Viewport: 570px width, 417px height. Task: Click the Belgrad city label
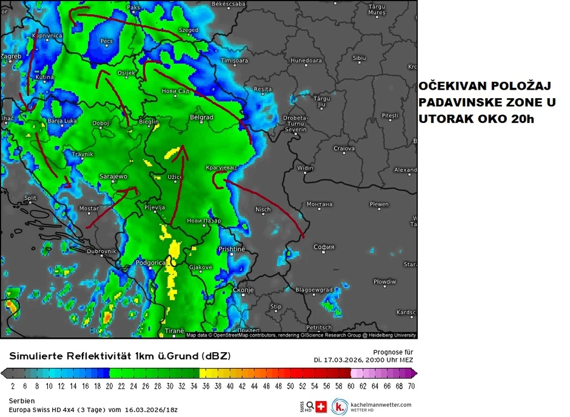201,117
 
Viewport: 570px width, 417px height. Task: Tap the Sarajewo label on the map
113,176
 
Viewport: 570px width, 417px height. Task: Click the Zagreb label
11,56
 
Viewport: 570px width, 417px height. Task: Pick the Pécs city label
107,41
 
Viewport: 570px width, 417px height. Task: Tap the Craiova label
343,148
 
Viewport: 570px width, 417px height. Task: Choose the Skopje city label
243,290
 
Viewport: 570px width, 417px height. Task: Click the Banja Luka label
63,121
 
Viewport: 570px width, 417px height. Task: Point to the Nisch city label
263,210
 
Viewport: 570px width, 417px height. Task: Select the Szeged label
189,30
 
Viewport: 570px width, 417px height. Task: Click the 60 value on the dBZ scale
350,385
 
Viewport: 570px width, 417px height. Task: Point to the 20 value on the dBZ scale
109,385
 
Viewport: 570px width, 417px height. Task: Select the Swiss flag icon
321,406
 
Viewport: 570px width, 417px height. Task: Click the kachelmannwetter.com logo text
381,404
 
